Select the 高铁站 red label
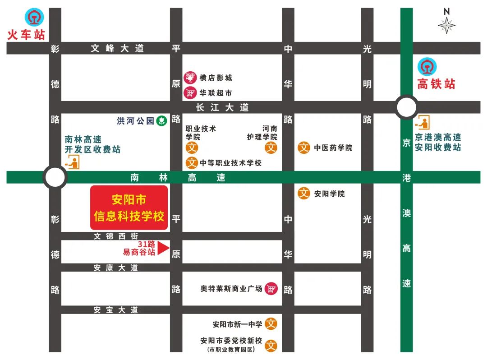click(436, 84)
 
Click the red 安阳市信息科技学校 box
click(129, 208)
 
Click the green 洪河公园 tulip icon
click(161, 120)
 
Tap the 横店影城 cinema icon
click(190, 78)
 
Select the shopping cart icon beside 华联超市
click(190, 93)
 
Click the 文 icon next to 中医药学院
click(304, 148)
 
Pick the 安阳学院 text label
click(329, 194)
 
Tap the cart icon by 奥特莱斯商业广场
click(271, 288)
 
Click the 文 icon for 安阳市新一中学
click(271, 323)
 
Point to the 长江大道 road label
click(222, 107)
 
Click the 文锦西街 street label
click(115, 236)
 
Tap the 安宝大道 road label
click(115, 310)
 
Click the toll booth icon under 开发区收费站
click(73, 162)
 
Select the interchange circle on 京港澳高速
click(406, 107)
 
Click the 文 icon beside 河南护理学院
click(271, 148)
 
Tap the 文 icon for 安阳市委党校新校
click(271, 346)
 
